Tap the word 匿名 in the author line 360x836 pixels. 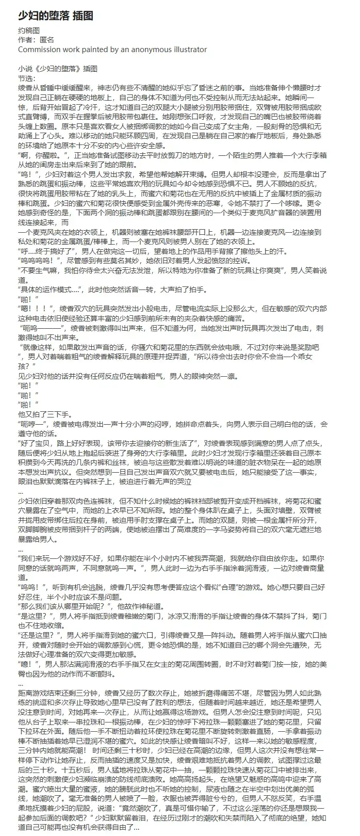point(46,40)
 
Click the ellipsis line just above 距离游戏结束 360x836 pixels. point(21,681)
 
